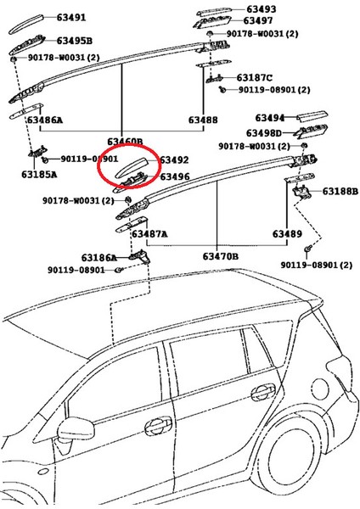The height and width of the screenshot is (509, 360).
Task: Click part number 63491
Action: click(71, 17)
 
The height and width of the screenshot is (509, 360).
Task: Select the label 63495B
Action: click(75, 40)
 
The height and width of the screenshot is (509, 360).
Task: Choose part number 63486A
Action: click(44, 120)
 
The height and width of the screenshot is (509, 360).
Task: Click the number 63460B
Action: click(125, 141)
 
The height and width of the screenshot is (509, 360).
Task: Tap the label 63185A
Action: click(39, 175)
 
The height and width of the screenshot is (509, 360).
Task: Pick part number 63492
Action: click(174, 159)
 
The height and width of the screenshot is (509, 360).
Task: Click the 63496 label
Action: click(174, 176)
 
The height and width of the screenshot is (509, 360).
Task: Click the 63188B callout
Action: click(339, 193)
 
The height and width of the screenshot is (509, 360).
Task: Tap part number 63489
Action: click(287, 233)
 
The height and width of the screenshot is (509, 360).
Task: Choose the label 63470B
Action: click(220, 256)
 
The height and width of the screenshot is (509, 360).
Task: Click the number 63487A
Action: click(149, 233)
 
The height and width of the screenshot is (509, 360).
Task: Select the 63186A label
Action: click(99, 257)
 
